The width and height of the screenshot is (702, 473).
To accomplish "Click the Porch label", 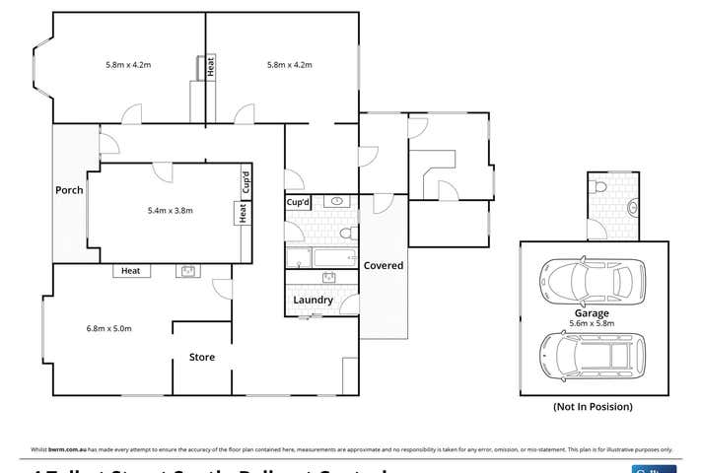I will (x=69, y=190).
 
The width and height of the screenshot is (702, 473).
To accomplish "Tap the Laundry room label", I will (x=313, y=301).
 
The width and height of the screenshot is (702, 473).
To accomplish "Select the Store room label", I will (x=202, y=358).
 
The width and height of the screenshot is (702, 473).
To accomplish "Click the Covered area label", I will (x=383, y=266).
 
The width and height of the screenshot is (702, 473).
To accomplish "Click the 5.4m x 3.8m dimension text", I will (x=169, y=210).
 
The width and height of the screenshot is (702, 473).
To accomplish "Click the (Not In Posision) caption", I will (x=591, y=407).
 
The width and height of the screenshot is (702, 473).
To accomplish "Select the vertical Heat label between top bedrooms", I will (x=210, y=67).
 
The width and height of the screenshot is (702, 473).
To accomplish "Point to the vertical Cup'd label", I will (x=245, y=183).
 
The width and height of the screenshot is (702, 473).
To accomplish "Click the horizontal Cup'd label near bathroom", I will (x=299, y=202).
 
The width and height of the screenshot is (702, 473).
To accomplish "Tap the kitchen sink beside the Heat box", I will (x=188, y=271).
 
